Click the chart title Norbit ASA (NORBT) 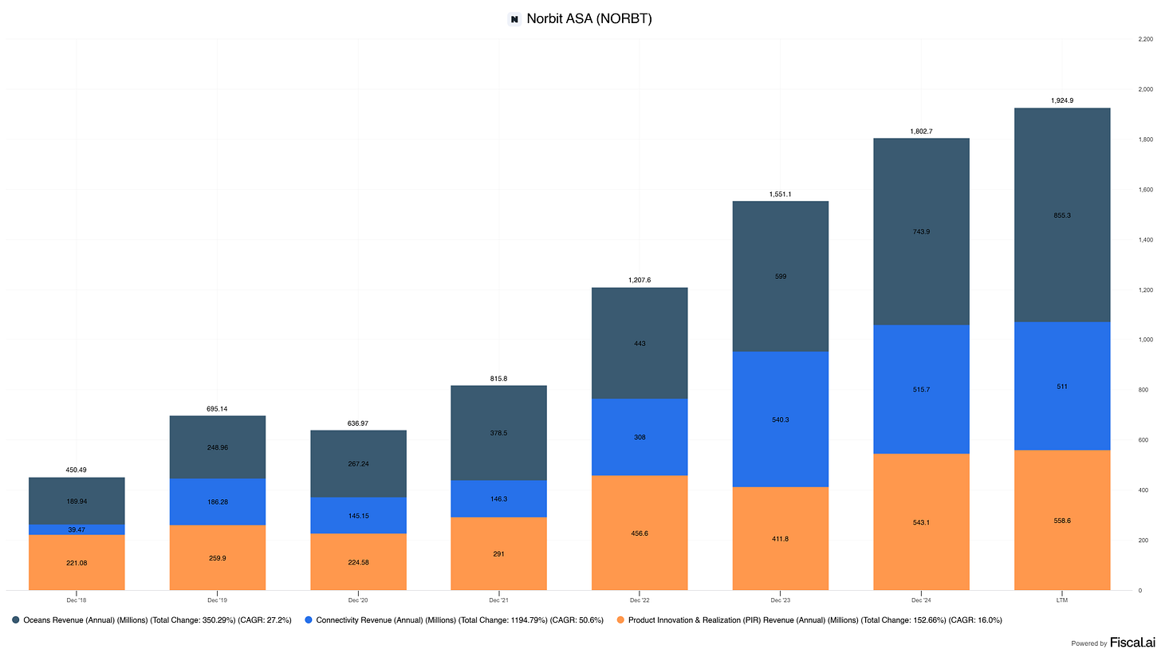pos(588,18)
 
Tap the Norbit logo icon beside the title pos(514,19)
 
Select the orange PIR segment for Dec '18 pos(77,562)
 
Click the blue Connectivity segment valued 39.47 pos(77,529)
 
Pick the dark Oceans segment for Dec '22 pos(640,343)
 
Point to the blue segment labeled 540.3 pos(781,419)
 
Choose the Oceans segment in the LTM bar pos(1062,215)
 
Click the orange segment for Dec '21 pos(498,553)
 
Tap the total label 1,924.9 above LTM pos(1062,100)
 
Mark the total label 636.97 pos(357,423)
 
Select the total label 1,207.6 pos(640,280)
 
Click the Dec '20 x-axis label pos(358,600)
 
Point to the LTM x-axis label pos(1062,600)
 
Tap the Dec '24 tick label pos(921,600)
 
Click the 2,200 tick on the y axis pos(1145,39)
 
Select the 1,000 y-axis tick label pos(1145,340)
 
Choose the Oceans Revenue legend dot pos(16,620)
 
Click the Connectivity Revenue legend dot pos(309,620)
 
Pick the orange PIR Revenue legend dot pos(620,620)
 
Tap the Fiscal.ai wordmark pos(1132,643)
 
